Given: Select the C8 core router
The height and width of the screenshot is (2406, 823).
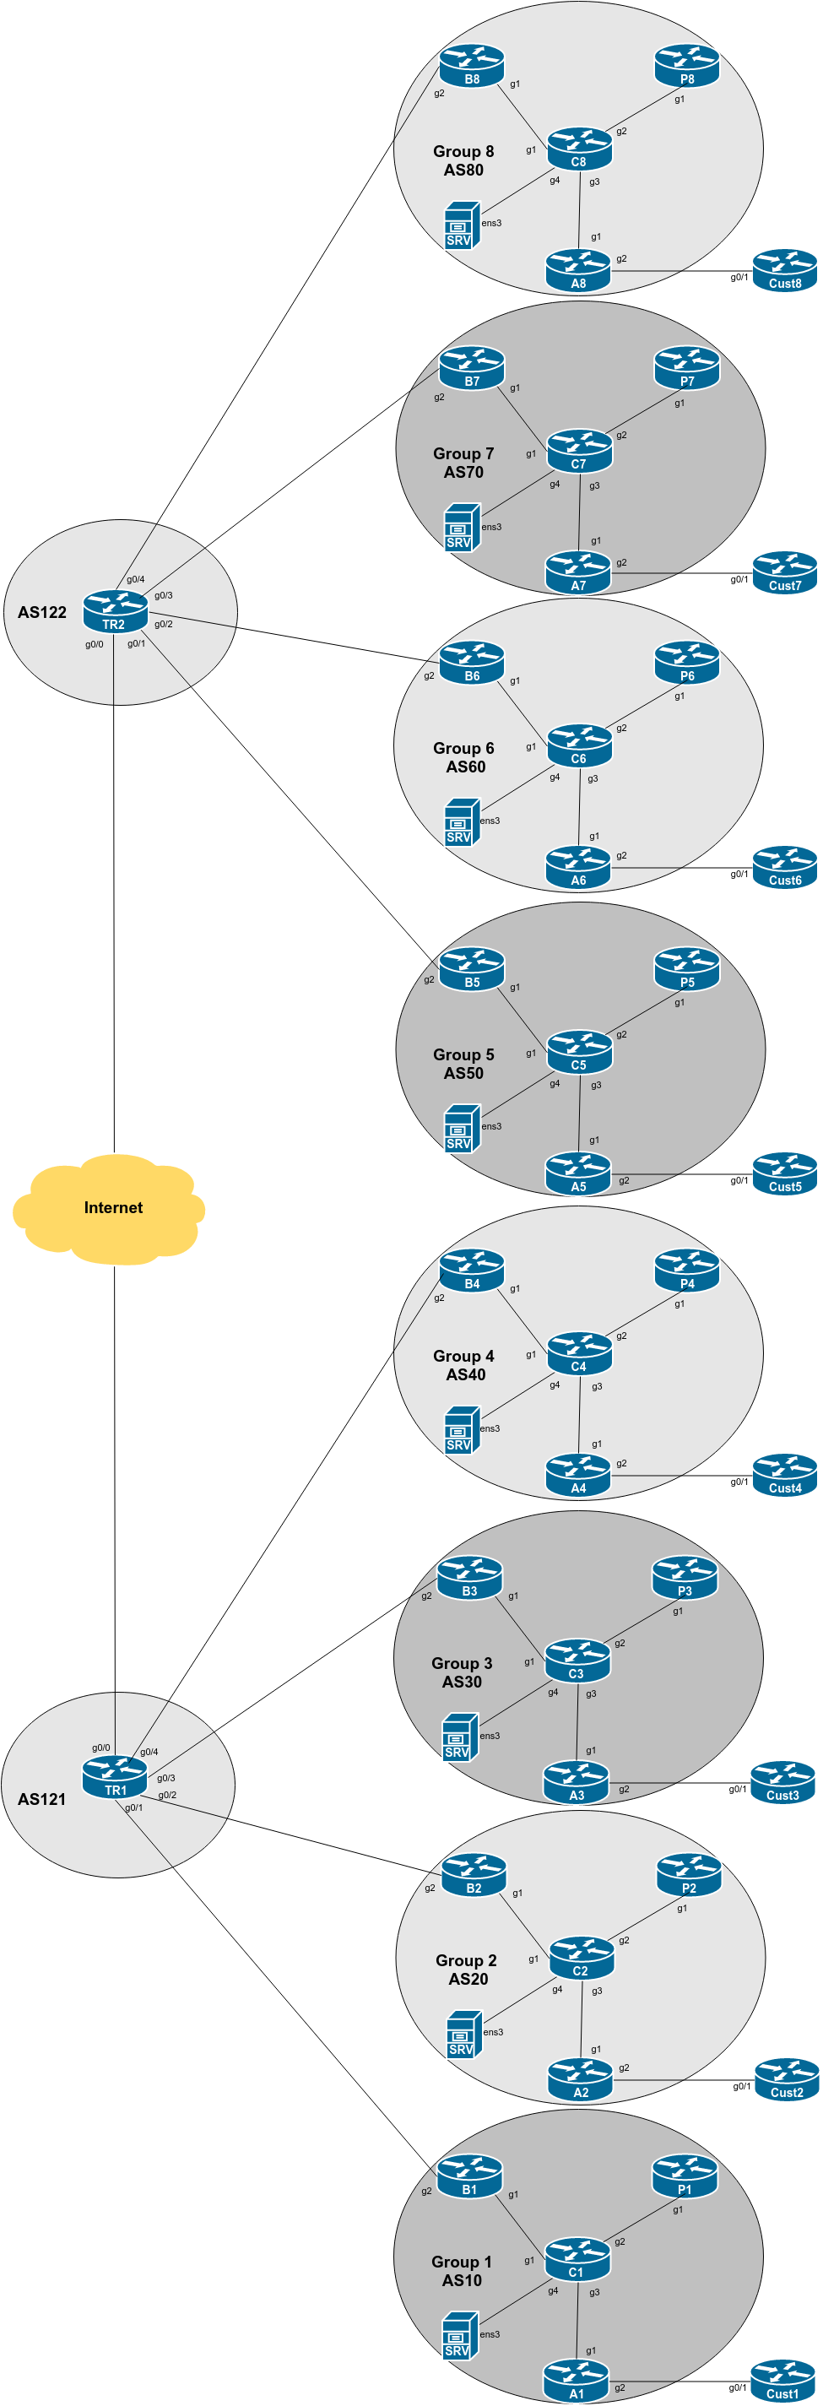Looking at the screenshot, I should (579, 149).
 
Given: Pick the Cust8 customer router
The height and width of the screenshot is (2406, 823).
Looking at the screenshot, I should (785, 270).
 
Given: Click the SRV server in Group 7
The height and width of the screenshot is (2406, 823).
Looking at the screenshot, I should (462, 528).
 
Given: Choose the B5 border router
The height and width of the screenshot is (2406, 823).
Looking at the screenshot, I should (472, 968).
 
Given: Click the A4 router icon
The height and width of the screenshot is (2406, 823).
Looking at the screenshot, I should (578, 1475).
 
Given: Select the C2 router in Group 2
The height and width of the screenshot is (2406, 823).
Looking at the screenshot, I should (581, 1958).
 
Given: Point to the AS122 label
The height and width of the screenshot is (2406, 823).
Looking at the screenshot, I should (42, 613).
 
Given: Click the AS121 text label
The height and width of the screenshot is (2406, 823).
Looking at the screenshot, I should (42, 1799).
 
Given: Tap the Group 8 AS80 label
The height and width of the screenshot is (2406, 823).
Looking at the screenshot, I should (463, 160).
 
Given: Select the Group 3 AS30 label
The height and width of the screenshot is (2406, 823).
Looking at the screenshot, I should (462, 1673).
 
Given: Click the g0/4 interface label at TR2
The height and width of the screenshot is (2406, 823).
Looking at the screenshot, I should (135, 580).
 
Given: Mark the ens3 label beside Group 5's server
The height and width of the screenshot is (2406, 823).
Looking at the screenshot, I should (491, 1126).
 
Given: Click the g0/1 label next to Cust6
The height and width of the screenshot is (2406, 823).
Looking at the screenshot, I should (739, 875).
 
